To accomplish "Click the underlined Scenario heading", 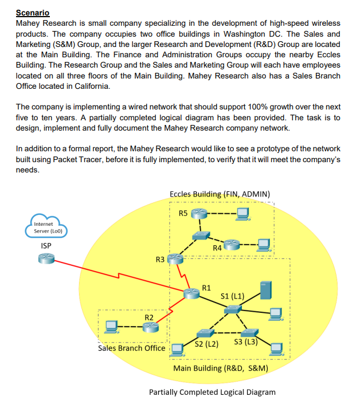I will (33, 13).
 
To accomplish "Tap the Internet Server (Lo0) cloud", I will (44, 227).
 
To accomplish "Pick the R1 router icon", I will (191, 293).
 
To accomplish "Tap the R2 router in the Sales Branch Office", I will (151, 327).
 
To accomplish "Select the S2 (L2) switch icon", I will (205, 333).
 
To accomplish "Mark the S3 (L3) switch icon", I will (249, 333).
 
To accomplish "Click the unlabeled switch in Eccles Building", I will (201, 236).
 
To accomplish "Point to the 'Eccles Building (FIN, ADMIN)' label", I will (220, 194).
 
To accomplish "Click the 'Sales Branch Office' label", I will (131, 348).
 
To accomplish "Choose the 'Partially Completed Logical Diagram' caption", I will (212, 392).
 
